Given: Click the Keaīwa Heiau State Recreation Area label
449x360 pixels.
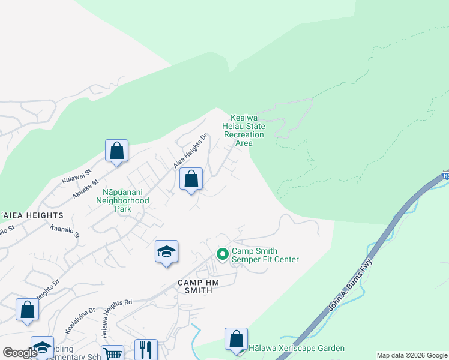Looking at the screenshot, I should point(244,130).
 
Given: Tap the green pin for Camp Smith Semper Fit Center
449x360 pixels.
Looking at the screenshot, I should point(223,255).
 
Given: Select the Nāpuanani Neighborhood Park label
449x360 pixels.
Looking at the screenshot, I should point(122,200).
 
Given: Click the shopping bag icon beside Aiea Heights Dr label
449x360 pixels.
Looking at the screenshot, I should point(191,179).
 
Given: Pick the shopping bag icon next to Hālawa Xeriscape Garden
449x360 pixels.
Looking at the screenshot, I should point(237,338).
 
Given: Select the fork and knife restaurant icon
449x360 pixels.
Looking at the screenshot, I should point(145,349).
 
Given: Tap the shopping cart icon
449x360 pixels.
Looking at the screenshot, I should point(112,354).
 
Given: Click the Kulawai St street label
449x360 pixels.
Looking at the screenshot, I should point(76,176).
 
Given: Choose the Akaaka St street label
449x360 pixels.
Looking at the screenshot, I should point(85,190).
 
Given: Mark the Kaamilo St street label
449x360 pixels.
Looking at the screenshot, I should point(65,231).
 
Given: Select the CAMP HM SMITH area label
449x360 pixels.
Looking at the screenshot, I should point(194,286).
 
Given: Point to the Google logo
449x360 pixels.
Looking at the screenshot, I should point(20,353).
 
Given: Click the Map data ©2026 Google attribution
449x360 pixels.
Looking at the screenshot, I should point(412,355).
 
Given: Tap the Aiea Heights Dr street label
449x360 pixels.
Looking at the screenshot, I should point(190,151).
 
